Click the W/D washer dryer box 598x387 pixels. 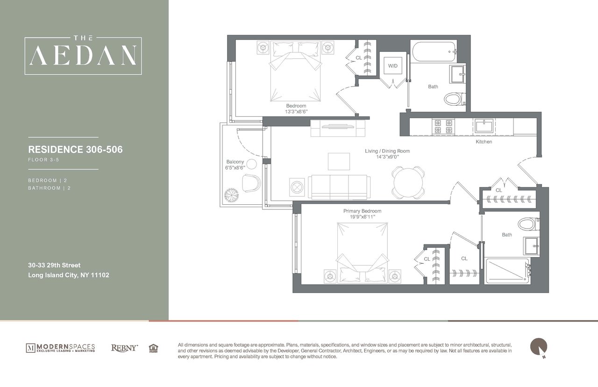coord(392,66)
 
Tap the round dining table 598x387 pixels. coord(408,183)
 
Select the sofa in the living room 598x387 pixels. coord(338,186)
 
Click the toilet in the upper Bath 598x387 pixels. coord(452,99)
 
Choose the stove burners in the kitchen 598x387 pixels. coord(444,126)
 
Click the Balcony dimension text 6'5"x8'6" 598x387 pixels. coord(235,167)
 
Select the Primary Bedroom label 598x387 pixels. coord(362,211)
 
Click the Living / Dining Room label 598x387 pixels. coord(387,151)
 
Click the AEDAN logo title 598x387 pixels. coord(83,56)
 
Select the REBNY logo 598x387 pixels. coord(125,348)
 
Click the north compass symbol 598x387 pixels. coord(538,347)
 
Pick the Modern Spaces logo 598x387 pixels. coord(60,348)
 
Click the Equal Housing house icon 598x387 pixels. coord(153,348)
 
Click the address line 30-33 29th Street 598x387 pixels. coord(54,265)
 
